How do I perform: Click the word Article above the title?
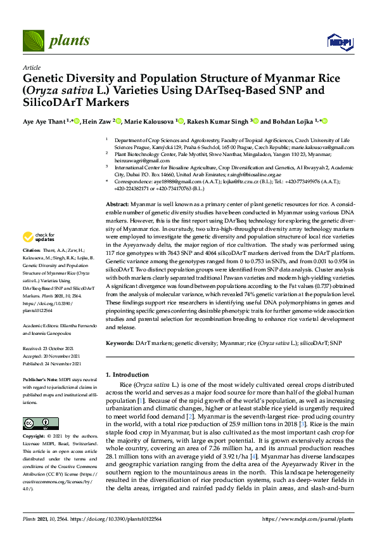click(32, 67)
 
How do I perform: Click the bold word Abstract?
click(118, 201)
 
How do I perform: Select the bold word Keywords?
click(119, 343)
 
